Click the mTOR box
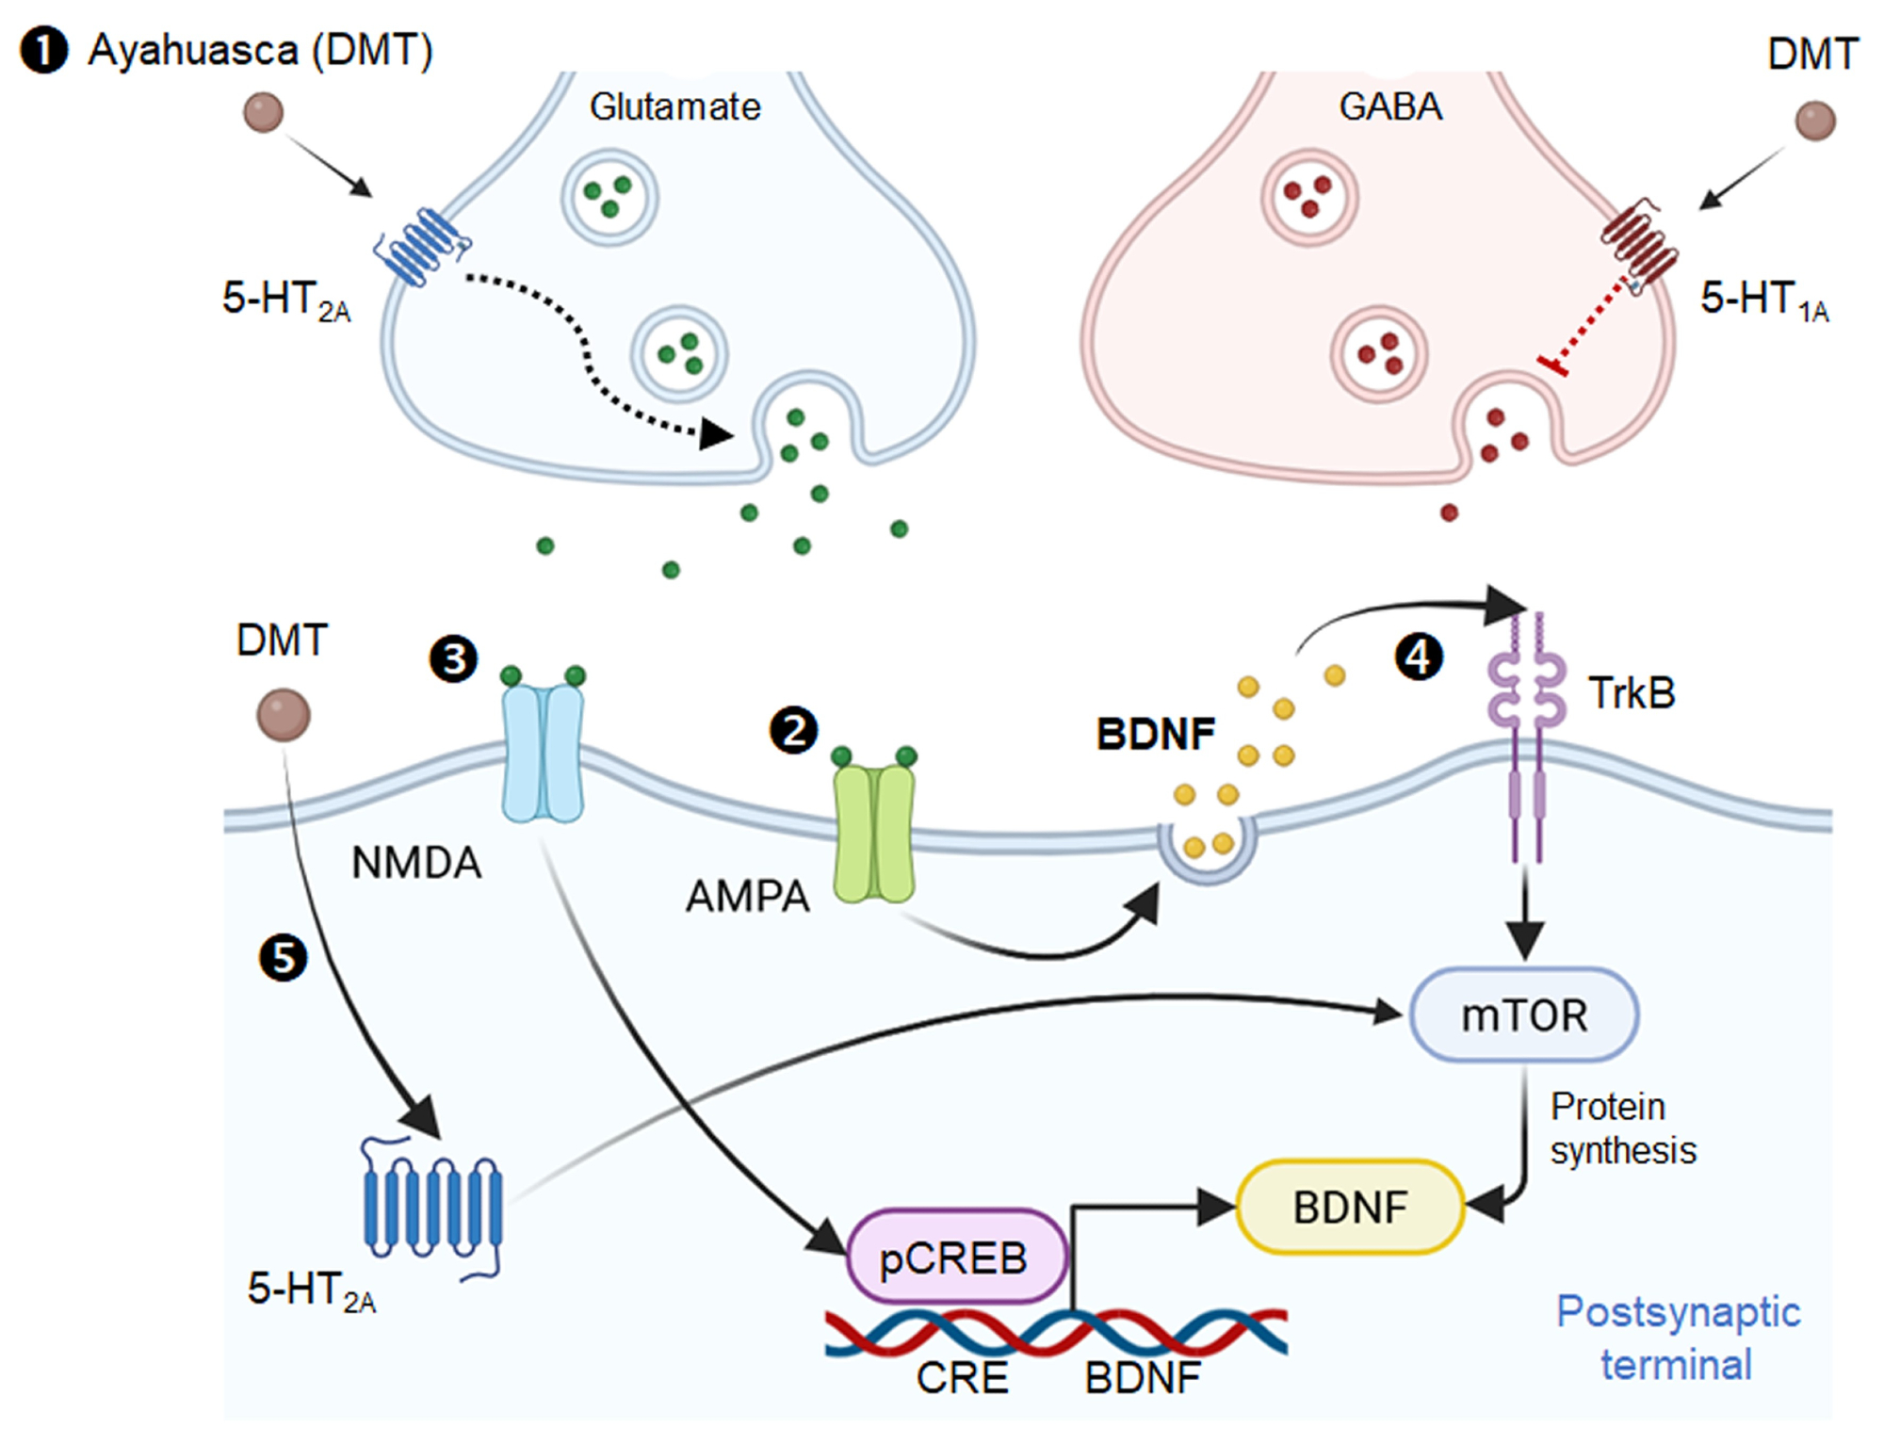1523,1015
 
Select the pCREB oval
956,1257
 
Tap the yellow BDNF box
1349,1208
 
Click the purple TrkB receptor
1526,735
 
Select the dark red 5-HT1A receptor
1640,244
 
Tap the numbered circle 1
44,51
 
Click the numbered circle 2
794,731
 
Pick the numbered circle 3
454,658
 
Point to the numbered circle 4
1419,657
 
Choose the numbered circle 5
284,958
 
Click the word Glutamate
674,106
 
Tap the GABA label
1390,106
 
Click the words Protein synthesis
1622,1128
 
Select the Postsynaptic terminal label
1677,1338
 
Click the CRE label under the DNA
962,1378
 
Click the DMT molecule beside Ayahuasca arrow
263,112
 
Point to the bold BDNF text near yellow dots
1155,734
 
